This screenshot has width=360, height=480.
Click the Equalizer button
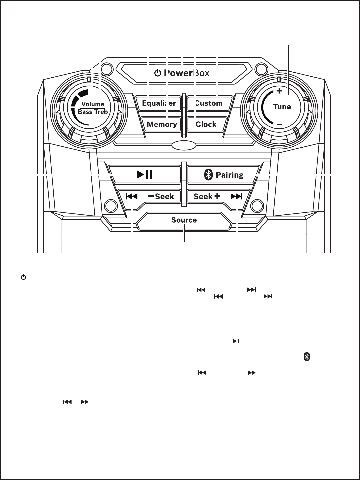coord(159,103)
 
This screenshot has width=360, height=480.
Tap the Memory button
coord(162,124)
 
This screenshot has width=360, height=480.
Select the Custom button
coord(209,103)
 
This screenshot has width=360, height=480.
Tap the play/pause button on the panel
coord(145,175)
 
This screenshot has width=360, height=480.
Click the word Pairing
coord(230,175)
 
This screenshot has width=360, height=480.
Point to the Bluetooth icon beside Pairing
coord(208,175)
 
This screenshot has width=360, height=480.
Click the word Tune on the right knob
coord(282,107)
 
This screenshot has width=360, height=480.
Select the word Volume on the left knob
coord(93,104)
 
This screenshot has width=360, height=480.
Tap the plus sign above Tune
coord(279,91)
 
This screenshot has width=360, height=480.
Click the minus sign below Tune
coord(280,124)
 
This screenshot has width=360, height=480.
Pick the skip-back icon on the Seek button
coord(132,196)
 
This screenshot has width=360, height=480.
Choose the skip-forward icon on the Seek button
coord(236,197)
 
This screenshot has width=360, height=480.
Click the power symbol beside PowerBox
coord(158,73)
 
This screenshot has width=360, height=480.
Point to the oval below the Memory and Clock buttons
coord(184,145)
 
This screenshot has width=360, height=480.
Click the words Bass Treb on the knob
coord(93,112)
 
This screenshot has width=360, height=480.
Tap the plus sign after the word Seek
coord(217,196)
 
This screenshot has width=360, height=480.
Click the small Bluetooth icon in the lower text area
coord(307,357)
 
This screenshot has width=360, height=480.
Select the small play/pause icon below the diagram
coord(237,341)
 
